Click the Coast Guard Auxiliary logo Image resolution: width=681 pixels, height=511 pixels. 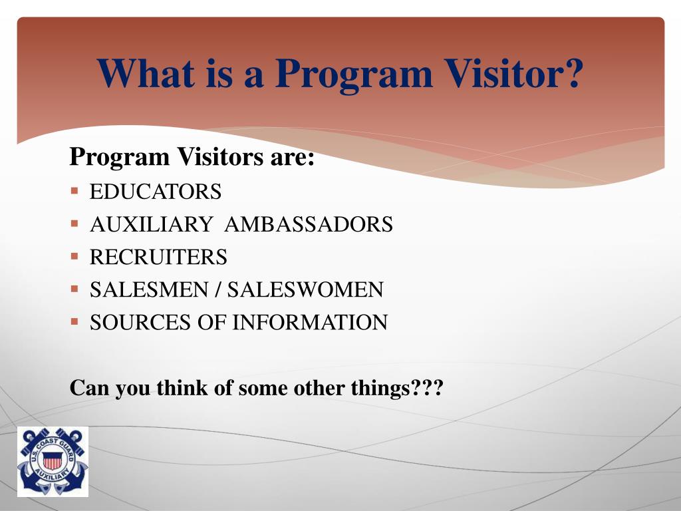pyautogui.click(x=53, y=462)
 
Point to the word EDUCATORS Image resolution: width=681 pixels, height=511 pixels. pyautogui.click(x=156, y=192)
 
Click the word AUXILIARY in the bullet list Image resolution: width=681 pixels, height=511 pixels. pyautogui.click(x=151, y=225)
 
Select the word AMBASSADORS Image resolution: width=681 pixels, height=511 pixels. pyautogui.click(x=309, y=225)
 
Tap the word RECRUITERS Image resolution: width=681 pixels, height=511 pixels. pyautogui.click(x=158, y=257)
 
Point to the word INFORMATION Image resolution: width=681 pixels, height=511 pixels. pyautogui.click(x=310, y=323)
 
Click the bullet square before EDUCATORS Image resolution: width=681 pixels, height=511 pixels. pyautogui.click(x=74, y=192)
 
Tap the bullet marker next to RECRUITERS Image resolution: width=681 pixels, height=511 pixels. pyautogui.click(x=74, y=256)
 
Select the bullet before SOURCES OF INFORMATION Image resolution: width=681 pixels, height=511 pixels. pyautogui.click(x=74, y=321)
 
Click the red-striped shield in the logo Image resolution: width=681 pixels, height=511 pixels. pyautogui.click(x=52, y=460)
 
